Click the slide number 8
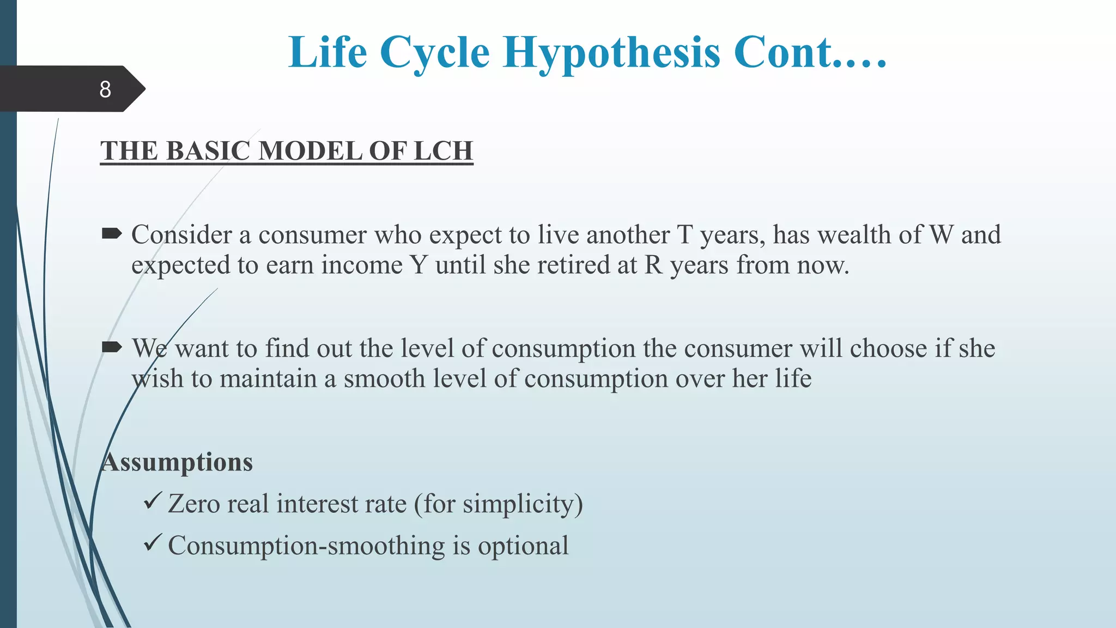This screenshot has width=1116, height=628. (x=105, y=89)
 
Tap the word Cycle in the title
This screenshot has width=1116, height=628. (x=434, y=53)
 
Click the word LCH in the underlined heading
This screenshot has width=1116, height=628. (x=443, y=151)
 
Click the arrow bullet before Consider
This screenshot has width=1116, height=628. (x=112, y=234)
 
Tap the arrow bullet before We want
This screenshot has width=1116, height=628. (x=112, y=347)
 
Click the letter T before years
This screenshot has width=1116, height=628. (x=684, y=235)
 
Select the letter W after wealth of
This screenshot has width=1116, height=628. (x=941, y=235)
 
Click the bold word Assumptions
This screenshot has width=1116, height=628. (x=177, y=462)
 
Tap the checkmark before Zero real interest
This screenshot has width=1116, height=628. (x=152, y=500)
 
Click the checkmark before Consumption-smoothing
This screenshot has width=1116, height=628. (x=152, y=542)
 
